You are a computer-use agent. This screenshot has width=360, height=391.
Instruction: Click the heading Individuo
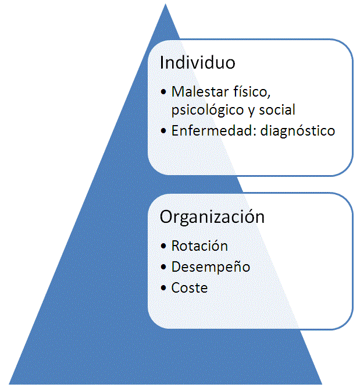[x=197, y=63]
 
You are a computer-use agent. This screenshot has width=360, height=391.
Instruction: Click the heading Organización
[x=212, y=217]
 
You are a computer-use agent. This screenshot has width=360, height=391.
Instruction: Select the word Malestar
[x=199, y=91]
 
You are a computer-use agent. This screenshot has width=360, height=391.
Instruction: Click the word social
[x=279, y=109]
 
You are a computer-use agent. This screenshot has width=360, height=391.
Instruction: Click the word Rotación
[x=199, y=246]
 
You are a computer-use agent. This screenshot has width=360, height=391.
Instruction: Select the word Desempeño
[x=211, y=267]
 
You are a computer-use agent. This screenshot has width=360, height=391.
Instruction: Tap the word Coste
[x=190, y=287]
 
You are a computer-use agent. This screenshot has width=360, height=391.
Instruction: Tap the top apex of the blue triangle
[x=165, y=5]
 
